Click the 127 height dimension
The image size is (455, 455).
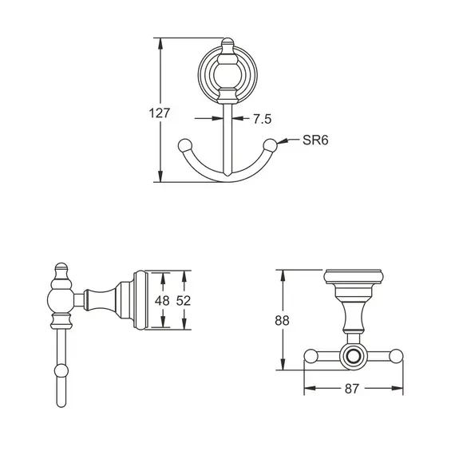(x=160, y=113)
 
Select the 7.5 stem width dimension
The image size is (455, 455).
(x=262, y=119)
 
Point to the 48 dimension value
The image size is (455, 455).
(x=162, y=301)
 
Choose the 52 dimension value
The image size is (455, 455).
(x=184, y=301)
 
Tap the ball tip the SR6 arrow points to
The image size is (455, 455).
(x=271, y=144)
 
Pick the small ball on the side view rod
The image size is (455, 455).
(x=61, y=370)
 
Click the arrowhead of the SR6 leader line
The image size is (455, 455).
(x=279, y=142)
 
